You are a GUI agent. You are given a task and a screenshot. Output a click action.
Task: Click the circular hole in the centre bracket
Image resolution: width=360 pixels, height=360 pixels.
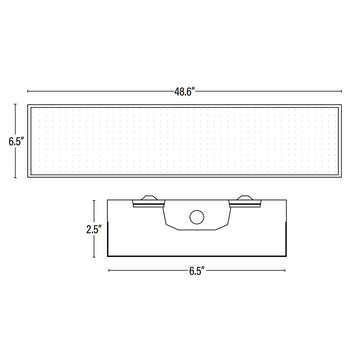pos(196,216)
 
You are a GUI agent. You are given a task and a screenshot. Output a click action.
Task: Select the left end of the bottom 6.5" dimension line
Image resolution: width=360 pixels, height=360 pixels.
pos(107,270)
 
